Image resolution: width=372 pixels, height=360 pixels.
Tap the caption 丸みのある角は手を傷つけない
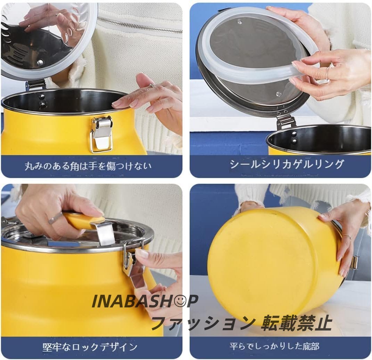[88, 166]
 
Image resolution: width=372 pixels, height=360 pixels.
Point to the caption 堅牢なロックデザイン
[90, 347]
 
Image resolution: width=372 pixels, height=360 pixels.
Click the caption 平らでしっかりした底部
[274, 346]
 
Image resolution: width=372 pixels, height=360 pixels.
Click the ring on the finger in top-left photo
[152, 84]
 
